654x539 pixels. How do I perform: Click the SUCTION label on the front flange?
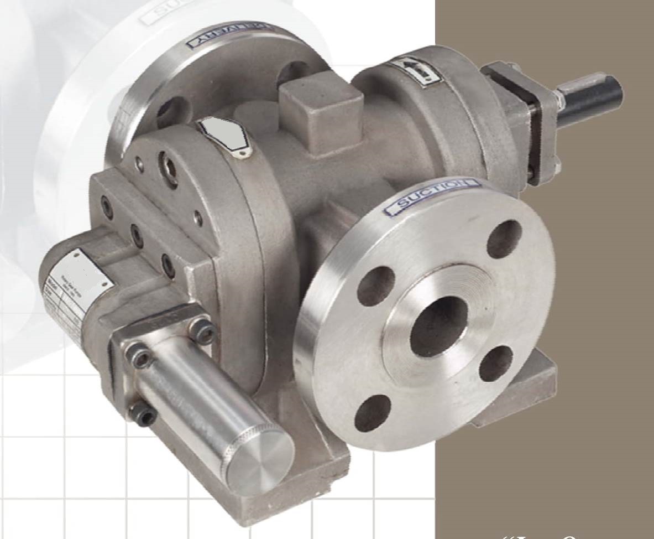[432, 197]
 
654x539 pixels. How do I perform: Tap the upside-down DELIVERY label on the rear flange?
[230, 35]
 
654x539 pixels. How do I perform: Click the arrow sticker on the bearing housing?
[410, 72]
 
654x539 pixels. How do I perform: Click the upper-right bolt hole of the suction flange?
[504, 239]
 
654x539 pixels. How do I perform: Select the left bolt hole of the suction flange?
[375, 286]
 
